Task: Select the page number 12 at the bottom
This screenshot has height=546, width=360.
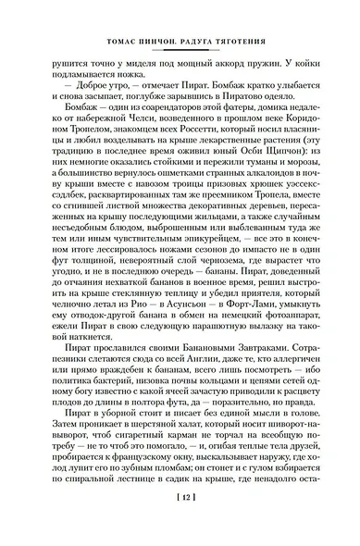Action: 180,526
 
